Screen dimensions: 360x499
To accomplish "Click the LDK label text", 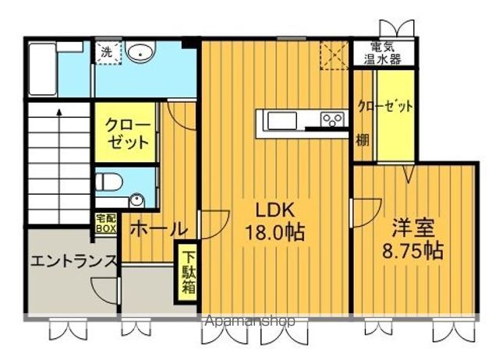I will [x=273, y=210].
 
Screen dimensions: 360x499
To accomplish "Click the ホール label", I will [x=157, y=229].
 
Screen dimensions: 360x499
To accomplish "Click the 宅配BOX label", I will [x=105, y=224].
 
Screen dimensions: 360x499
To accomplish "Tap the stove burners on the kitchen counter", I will [x=334, y=120].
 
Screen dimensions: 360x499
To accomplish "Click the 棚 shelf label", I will [x=363, y=140].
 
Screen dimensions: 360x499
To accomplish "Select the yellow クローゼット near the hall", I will [x=126, y=134].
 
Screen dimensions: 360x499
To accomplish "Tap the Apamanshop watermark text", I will [x=250, y=320].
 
